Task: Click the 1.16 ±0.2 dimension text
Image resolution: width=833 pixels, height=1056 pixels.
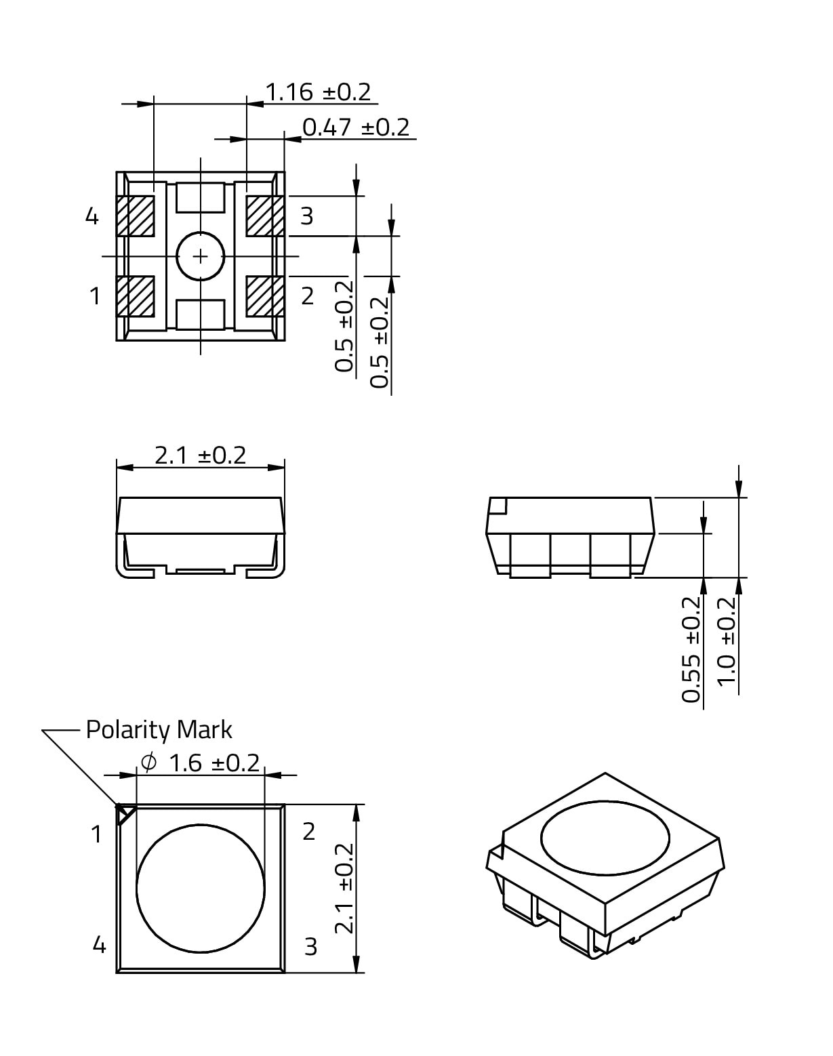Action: (318, 92)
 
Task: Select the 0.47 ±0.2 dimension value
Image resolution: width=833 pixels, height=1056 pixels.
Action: (355, 127)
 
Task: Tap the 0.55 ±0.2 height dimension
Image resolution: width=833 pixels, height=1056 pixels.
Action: (691, 650)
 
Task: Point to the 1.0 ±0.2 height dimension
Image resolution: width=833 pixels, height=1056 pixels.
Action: (727, 641)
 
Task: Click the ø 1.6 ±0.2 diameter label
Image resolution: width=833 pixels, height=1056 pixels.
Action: (200, 763)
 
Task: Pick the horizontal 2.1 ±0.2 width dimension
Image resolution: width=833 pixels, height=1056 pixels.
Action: (200, 455)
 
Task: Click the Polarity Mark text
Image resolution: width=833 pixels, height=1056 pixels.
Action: (159, 730)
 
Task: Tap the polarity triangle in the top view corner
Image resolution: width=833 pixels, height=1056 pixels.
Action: (125, 815)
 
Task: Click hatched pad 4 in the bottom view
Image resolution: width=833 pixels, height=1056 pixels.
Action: (136, 216)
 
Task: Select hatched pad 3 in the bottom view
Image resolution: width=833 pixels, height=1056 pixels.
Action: (265, 216)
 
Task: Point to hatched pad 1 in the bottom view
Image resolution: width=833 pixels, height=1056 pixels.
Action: (136, 296)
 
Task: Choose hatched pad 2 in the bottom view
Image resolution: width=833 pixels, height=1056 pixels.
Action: (265, 296)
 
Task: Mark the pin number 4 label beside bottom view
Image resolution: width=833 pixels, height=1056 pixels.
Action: (92, 216)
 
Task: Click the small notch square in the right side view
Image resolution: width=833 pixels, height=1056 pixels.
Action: (498, 506)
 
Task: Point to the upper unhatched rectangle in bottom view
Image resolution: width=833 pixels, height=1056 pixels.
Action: (200, 198)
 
